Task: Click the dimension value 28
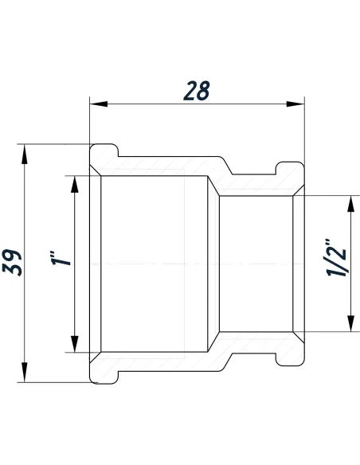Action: [x=196, y=90]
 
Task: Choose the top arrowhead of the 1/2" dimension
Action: [x=348, y=203]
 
